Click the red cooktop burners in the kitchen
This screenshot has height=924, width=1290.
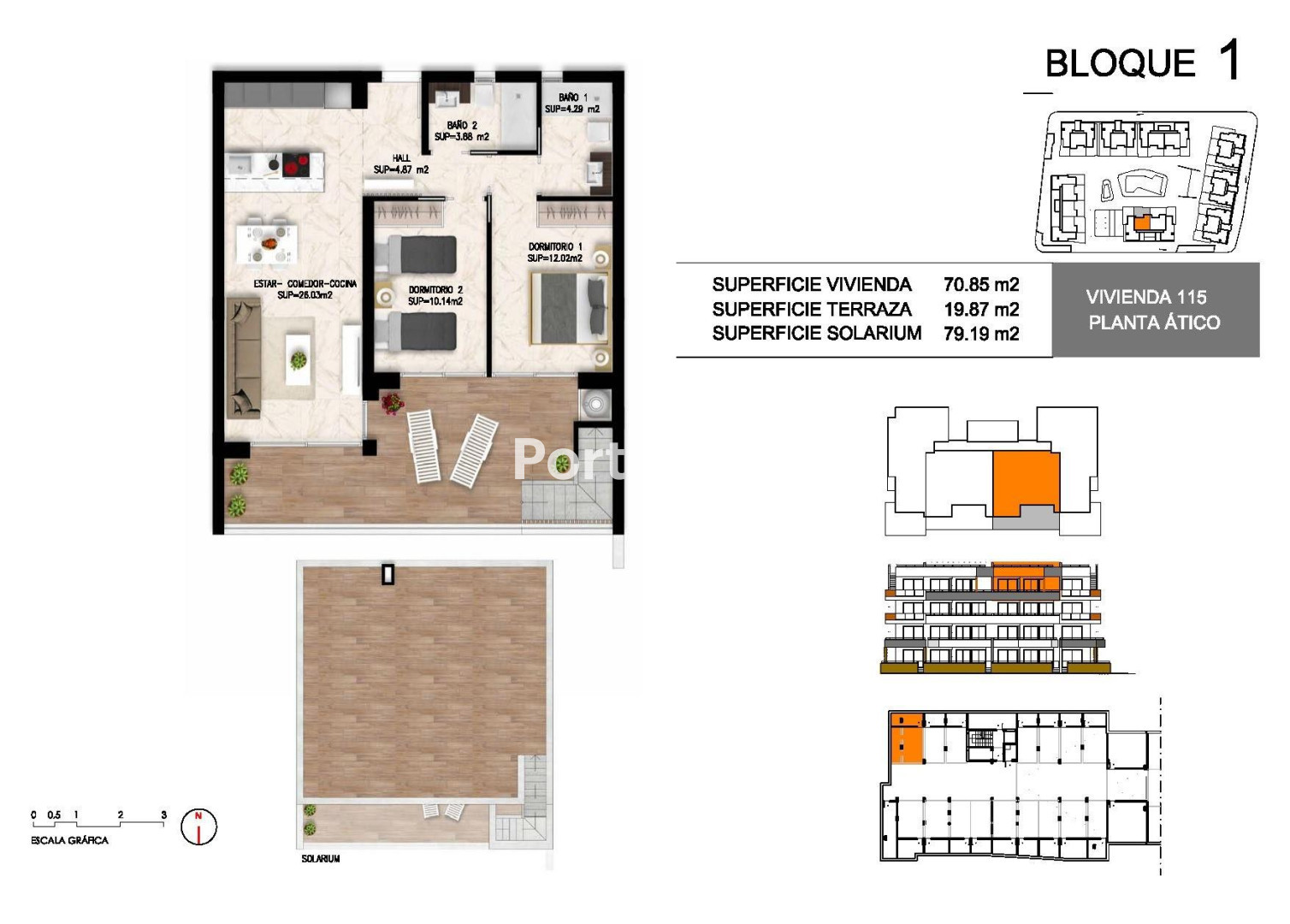(x=295, y=164)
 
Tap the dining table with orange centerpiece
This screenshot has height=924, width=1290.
(x=267, y=244)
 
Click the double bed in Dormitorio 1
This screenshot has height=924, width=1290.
(x=570, y=308)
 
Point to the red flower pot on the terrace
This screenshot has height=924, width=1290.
(x=392, y=403)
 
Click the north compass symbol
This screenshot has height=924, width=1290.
(x=198, y=826)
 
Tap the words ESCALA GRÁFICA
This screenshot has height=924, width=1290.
(x=69, y=840)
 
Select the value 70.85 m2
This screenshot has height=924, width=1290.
(x=981, y=284)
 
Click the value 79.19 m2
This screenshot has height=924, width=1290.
(x=981, y=334)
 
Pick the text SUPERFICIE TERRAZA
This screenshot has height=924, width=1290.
(x=812, y=310)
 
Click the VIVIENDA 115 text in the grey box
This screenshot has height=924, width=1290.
(x=1146, y=297)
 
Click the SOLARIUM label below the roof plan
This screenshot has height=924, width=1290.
(x=321, y=859)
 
